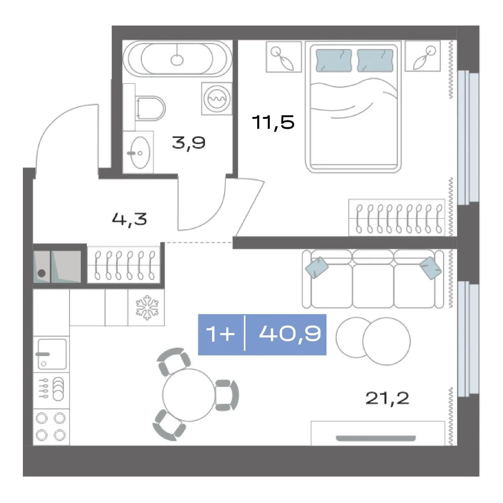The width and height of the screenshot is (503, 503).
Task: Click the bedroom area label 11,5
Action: pyautogui.click(x=273, y=122)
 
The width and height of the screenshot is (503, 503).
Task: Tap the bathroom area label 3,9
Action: pyautogui.click(x=189, y=143)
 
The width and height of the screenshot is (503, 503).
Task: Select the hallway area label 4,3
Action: pyautogui.click(x=130, y=219)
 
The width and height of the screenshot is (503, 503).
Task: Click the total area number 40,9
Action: pyautogui.click(x=290, y=334)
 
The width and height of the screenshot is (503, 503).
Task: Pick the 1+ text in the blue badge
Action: pyautogui.click(x=220, y=334)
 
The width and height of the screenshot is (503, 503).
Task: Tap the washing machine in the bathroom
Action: pyautogui.click(x=217, y=99)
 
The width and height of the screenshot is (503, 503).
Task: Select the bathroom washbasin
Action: pyautogui.click(x=140, y=153)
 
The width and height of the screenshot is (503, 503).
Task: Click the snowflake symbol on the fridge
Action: pyautogui.click(x=147, y=308)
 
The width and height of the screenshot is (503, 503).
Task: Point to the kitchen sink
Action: pyautogui.click(x=52, y=354)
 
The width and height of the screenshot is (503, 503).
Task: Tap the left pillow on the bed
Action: pyautogui.click(x=333, y=61)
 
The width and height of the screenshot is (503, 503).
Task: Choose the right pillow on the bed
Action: pyautogui.click(x=375, y=61)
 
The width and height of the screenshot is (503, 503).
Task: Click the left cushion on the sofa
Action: pyautogui.click(x=317, y=268)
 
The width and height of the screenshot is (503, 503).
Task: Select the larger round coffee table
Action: pyautogui.click(x=386, y=341)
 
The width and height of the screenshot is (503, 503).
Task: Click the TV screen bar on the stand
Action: pyautogui.click(x=376, y=438)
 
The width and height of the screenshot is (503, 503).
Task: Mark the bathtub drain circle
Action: pyautogui.click(x=177, y=60)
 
